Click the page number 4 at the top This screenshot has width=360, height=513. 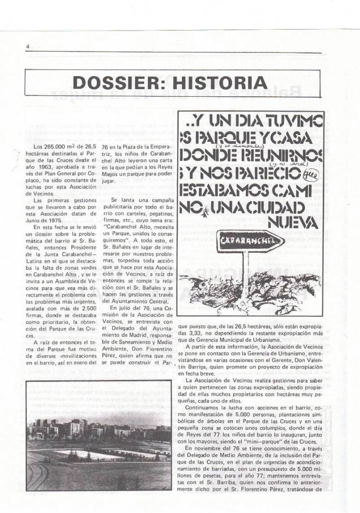[x=28, y=47]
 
